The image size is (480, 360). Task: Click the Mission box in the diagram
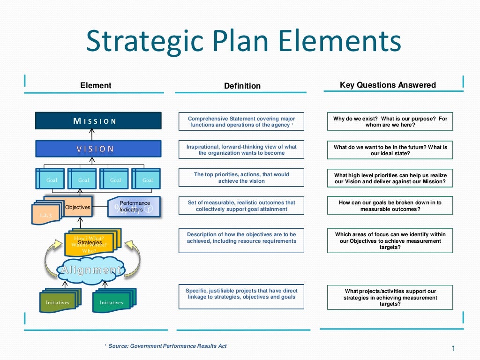[x=98, y=121]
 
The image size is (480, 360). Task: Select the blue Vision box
[x=98, y=149]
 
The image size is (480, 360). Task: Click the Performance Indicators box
[x=134, y=207]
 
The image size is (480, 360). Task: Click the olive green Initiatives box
[x=58, y=302]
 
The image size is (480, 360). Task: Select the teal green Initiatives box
[x=112, y=302]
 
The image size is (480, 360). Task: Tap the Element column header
[x=96, y=85]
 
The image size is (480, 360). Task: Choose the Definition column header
[x=242, y=86]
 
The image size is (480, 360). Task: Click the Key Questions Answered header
[x=388, y=85]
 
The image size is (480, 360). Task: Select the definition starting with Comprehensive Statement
[x=241, y=122]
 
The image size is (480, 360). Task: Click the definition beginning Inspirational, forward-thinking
[x=241, y=150]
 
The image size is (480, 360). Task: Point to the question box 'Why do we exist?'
[x=390, y=122]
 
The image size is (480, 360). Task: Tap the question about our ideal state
[x=390, y=150]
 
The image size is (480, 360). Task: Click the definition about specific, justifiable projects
[x=241, y=294]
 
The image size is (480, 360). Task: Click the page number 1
[x=453, y=348]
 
